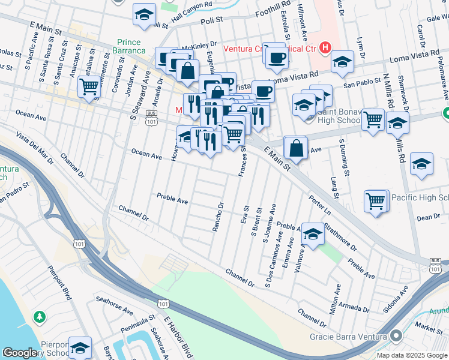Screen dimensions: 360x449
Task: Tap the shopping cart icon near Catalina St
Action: [89, 86]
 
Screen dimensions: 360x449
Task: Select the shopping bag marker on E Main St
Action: [296, 147]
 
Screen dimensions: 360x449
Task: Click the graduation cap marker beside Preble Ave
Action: [312, 234]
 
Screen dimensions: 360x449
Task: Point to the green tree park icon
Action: [40, 316]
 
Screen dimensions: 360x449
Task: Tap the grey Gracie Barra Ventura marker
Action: [396, 336]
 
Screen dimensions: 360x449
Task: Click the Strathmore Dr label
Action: [340, 236]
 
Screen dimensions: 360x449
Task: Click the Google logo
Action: [19, 353]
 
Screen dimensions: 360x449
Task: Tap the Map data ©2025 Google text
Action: [411, 355]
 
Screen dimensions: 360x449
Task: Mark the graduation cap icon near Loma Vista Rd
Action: [342, 61]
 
